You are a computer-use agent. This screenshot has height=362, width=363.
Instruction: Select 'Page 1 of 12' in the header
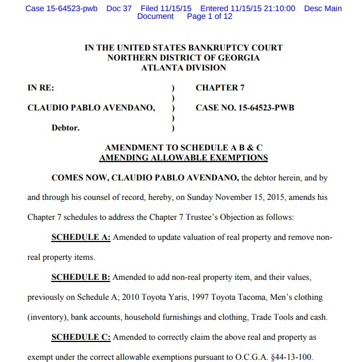coord(210,17)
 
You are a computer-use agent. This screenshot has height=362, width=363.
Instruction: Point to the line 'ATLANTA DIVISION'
coord(183,68)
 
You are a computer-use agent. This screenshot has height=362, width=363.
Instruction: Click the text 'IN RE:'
coord(41,88)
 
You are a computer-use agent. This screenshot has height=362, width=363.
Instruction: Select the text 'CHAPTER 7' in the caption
coord(220,88)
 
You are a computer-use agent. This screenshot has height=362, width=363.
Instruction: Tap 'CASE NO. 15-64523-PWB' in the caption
coord(245,108)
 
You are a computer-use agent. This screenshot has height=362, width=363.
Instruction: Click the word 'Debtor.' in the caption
coord(66,128)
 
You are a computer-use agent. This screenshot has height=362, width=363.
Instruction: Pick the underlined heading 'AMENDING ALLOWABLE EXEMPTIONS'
coord(183,158)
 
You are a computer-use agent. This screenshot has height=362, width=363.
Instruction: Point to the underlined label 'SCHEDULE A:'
coord(81,238)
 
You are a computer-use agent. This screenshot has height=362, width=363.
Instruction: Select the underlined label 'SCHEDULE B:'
coord(81,277)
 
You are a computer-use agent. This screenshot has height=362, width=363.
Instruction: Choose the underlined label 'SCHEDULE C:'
coord(81,337)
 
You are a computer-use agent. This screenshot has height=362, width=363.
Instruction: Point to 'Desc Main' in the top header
coord(323,9)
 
